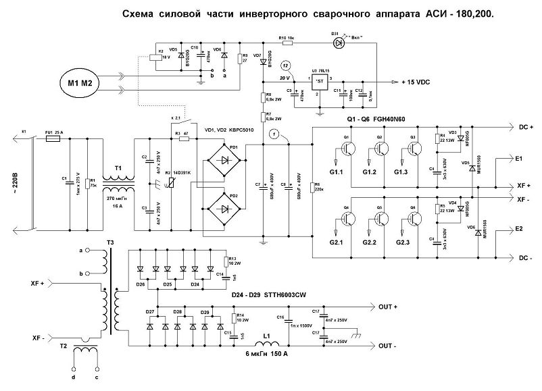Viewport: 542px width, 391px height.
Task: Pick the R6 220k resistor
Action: click(311, 187)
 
